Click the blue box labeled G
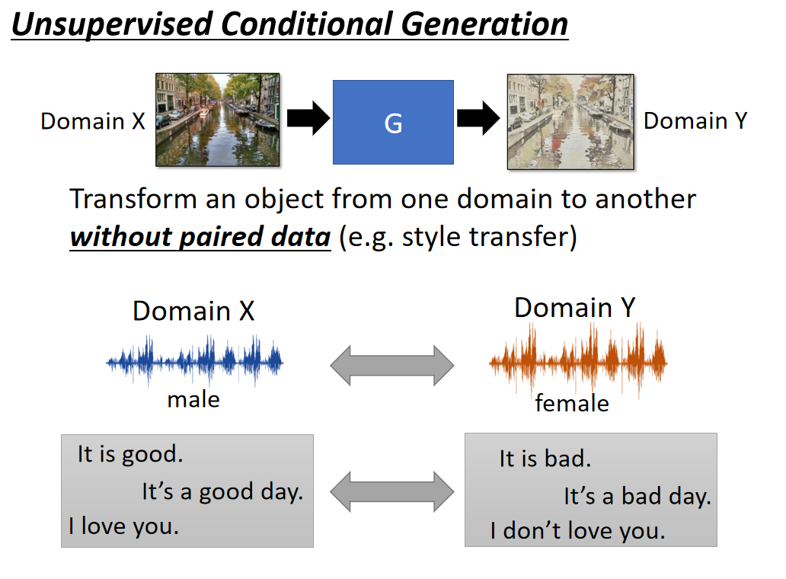pos(393,122)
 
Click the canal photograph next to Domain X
pos(218,120)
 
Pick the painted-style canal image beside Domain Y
pos(570,121)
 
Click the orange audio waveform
pos(577,358)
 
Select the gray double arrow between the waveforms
pos(391,366)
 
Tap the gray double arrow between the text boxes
pos(391,491)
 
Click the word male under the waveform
pos(193,399)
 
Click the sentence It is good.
pos(130,455)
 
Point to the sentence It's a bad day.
pos(637,497)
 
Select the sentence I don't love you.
pos(577,530)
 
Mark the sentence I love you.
pos(123,526)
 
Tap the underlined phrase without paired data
pos(200,237)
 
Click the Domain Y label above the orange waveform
pos(575,308)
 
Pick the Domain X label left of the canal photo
pos(93,121)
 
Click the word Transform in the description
pos(133,200)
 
